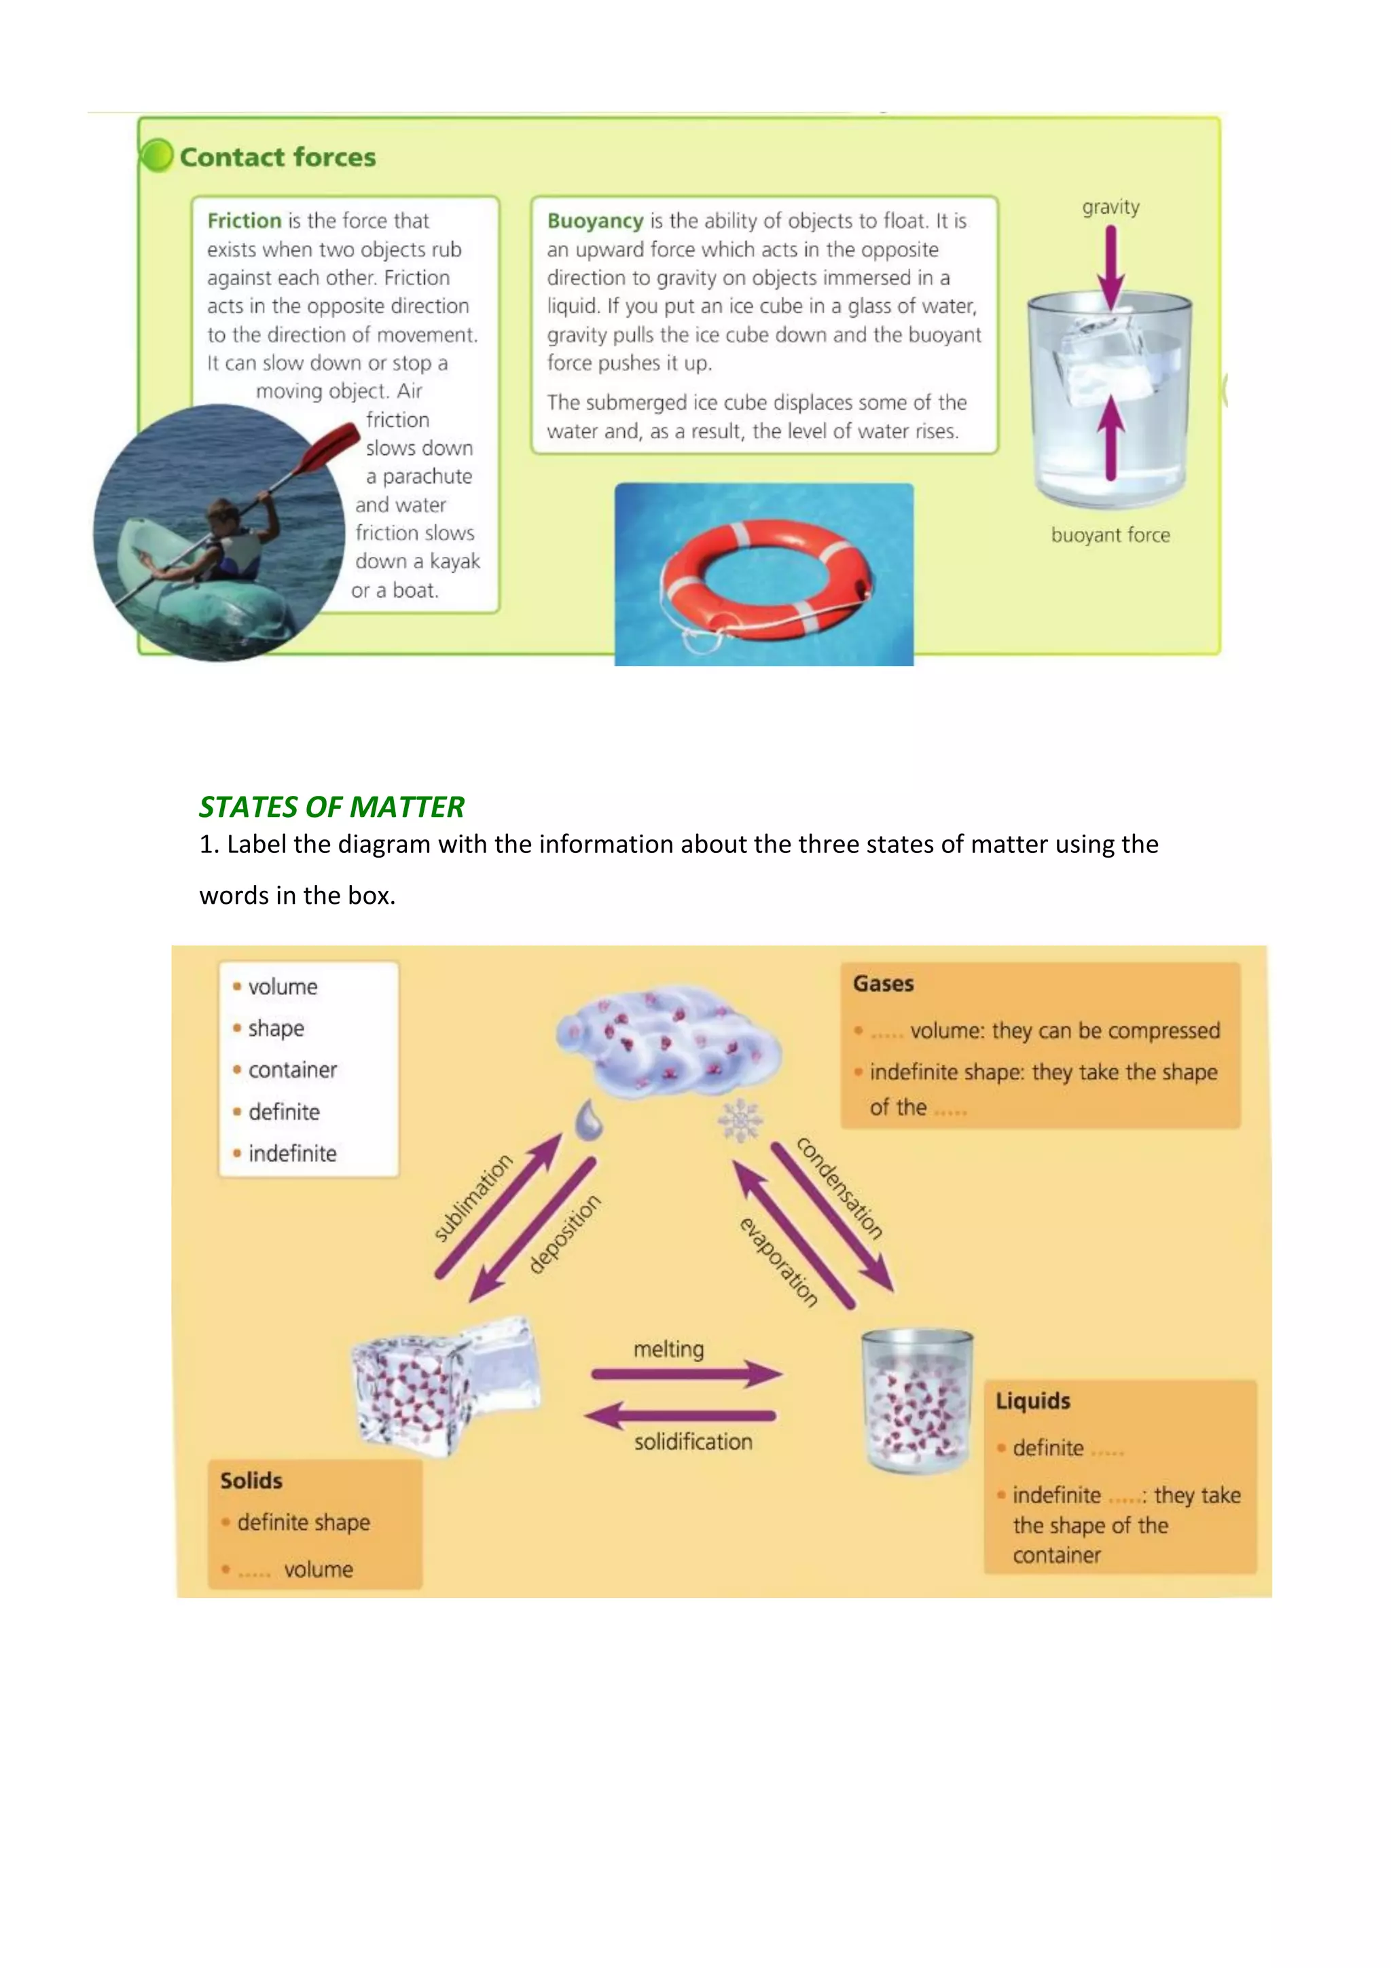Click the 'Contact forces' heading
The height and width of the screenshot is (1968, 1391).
tap(277, 157)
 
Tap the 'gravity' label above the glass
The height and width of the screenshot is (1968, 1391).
tap(1110, 207)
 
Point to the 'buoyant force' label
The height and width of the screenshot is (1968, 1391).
tap(1110, 535)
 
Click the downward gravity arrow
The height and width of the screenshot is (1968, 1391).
tap(1110, 266)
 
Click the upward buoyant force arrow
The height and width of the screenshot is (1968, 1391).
tap(1110, 437)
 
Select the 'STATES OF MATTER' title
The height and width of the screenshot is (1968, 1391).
tap(331, 807)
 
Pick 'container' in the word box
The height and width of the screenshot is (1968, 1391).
tap(292, 1070)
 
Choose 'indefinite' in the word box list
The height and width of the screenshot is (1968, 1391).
tap(292, 1153)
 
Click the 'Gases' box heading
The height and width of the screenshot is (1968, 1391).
tap(883, 983)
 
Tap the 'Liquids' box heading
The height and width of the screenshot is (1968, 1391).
tap(1033, 1400)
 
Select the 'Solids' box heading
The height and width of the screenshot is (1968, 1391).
tap(251, 1480)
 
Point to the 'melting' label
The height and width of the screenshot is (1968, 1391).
tap(668, 1349)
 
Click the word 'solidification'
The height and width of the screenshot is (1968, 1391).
tap(693, 1442)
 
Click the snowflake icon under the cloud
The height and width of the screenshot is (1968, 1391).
tap(740, 1120)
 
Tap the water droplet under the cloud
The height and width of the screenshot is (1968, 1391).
tap(588, 1119)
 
